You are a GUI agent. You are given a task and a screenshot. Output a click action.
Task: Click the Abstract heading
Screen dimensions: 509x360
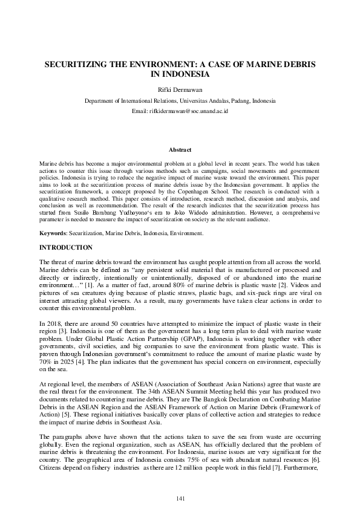point(180,150)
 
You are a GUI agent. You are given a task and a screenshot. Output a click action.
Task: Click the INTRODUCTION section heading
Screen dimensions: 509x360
point(66,248)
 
